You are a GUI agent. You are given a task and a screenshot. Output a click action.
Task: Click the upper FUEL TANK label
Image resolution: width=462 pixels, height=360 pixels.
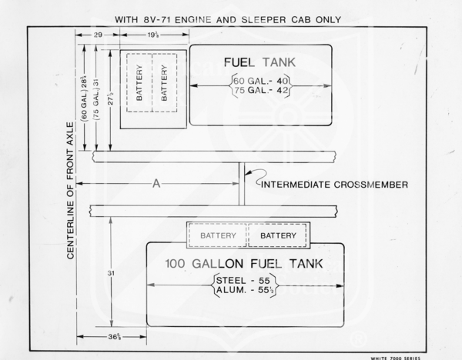coord(260,62)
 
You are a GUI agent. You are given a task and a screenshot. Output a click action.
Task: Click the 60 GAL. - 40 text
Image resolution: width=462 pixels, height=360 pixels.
coord(261,79)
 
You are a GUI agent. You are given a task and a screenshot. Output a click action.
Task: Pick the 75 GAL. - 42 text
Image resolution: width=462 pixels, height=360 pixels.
coord(261,91)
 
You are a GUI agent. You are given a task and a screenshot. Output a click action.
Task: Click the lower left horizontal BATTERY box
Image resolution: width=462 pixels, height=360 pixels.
coord(218,235)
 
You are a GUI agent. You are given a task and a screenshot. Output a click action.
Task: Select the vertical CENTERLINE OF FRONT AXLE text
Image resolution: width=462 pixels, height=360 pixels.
coord(70,189)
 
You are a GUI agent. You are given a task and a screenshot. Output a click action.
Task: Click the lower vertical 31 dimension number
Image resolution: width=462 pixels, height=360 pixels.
coord(112,272)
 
